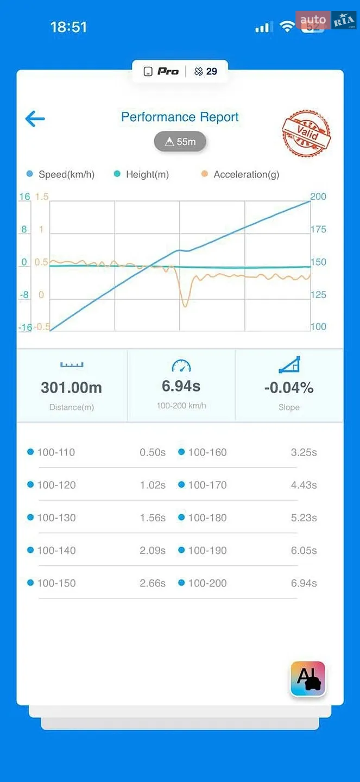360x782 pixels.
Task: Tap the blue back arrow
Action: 35,119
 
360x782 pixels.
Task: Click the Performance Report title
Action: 180,117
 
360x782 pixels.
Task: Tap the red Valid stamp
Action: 307,133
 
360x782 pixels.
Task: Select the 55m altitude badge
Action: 180,141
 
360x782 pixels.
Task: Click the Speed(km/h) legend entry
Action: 61,174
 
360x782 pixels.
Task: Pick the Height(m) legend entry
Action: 141,174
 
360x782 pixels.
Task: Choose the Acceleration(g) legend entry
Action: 241,174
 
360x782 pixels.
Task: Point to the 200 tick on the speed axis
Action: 318,197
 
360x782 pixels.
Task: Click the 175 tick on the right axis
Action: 318,229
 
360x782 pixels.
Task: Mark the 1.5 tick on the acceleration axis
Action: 42,197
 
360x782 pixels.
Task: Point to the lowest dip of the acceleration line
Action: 185,306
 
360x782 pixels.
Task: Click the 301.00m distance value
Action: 72,388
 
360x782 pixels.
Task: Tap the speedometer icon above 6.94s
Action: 181,365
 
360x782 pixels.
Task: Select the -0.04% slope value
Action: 289,388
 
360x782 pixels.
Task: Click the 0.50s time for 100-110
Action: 153,452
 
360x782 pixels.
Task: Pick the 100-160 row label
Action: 207,452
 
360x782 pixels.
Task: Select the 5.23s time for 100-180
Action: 304,518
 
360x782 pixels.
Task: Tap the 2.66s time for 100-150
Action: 153,583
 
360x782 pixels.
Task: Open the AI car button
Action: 308,679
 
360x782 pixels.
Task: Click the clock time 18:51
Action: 68,27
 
